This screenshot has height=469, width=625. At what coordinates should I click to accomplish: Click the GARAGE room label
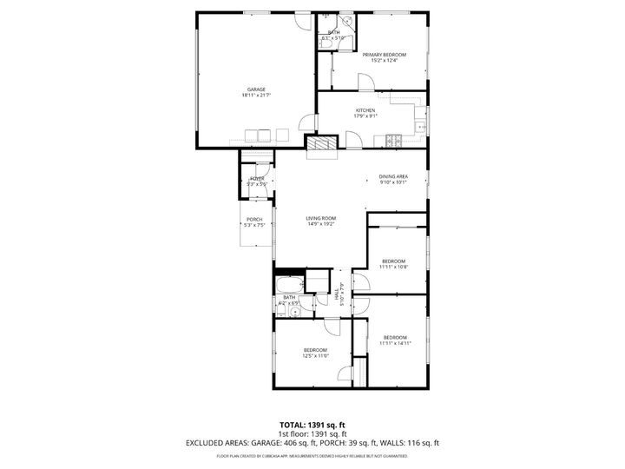pos(255,89)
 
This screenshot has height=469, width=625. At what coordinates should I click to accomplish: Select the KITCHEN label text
pos(365,109)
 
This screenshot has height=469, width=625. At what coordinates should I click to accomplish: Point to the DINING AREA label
pos(393,176)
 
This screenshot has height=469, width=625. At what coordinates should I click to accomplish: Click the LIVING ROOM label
pos(320,218)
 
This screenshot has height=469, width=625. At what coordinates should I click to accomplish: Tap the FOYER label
pos(256,178)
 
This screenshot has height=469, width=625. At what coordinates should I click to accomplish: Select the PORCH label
pos(253,219)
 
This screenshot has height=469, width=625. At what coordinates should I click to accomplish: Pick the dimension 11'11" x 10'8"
pos(394,267)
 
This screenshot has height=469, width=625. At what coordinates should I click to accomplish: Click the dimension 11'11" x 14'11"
pos(394,342)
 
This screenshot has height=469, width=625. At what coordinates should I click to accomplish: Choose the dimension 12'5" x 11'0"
pos(314,355)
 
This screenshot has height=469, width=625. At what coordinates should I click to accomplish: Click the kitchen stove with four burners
pos(397,140)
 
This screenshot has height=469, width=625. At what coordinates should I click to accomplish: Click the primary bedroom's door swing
pos(365,83)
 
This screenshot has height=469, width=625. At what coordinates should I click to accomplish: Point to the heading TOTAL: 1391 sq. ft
pos(312,424)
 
